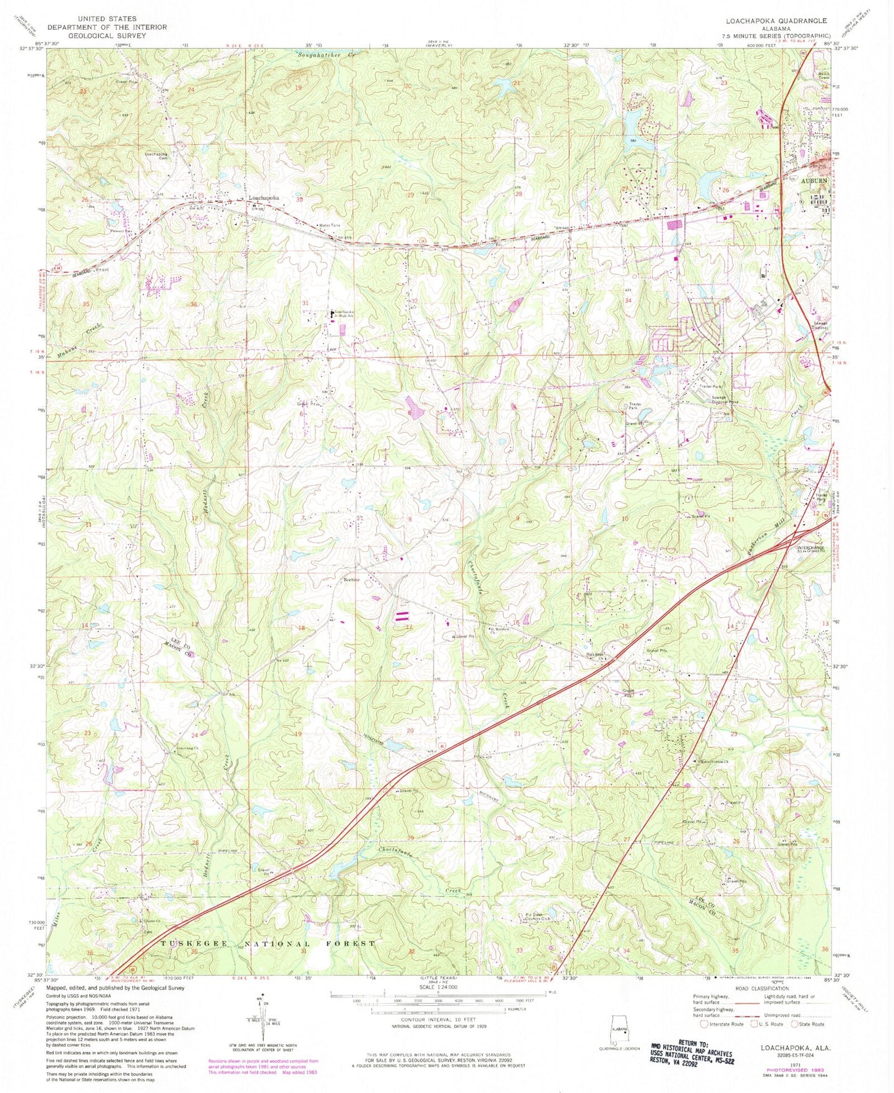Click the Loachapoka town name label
264,198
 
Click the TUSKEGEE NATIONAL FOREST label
268,943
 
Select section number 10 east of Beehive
625,518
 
